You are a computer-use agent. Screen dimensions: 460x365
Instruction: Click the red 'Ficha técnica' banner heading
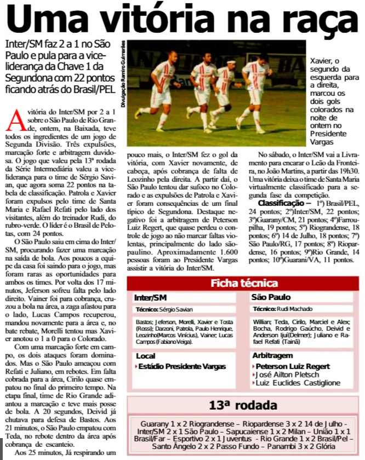(243, 283)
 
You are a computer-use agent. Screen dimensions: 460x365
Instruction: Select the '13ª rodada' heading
(243, 406)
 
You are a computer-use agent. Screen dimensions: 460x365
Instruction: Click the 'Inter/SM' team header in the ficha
(150, 297)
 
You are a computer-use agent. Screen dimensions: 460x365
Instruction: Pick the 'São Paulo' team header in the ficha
(271, 297)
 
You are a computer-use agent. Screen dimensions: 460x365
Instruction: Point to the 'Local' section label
(145, 356)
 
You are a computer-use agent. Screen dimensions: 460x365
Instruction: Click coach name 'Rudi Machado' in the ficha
(293, 309)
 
